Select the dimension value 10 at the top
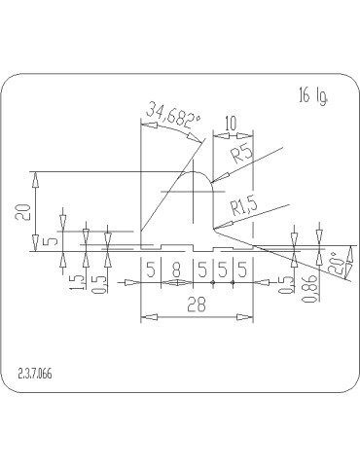[230, 124]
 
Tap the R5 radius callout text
[243, 153]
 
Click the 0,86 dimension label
[310, 288]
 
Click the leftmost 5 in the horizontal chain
[151, 269]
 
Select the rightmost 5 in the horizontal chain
[240, 269]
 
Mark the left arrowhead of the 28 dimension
[144, 316]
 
